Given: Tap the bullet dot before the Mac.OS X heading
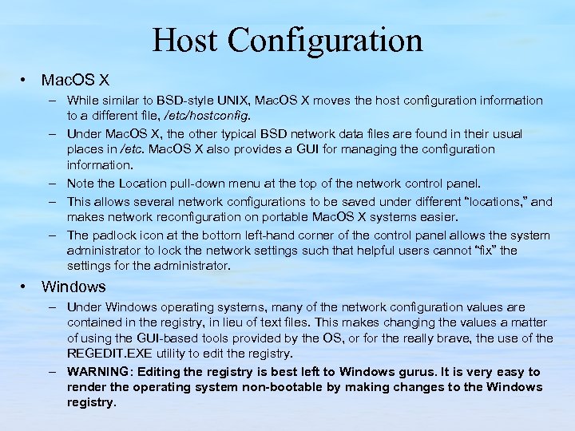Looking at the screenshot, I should tap(26, 81).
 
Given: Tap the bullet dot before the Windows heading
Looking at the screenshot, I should tap(26, 287).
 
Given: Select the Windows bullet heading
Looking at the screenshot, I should tap(73, 287).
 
